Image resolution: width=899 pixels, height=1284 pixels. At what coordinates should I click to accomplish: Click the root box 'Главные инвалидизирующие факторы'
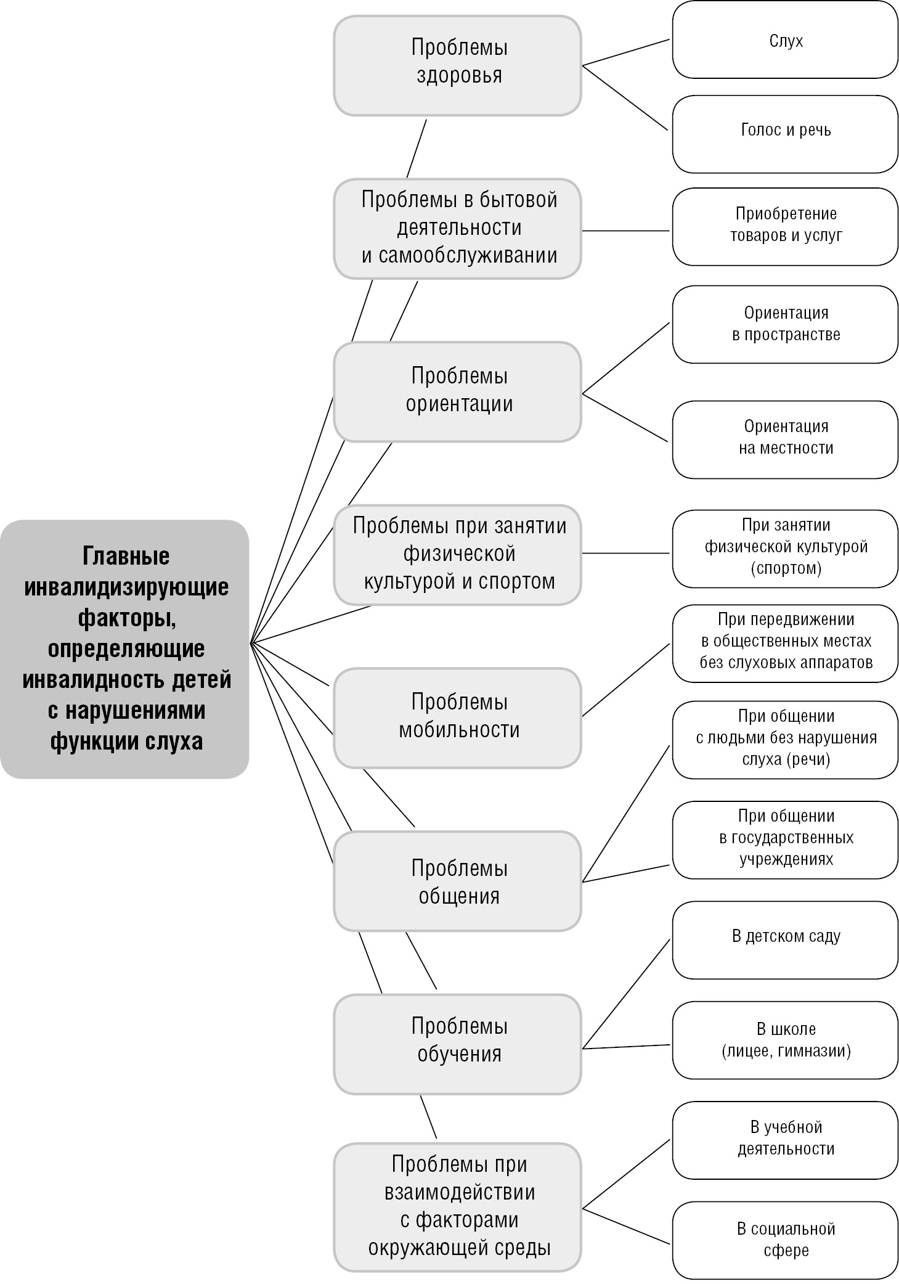(125, 648)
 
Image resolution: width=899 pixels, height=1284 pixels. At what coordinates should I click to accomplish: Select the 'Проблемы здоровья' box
(457, 65)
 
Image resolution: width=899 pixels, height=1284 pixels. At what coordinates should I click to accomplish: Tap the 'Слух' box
(785, 41)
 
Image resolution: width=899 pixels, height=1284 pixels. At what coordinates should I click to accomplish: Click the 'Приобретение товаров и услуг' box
(785, 226)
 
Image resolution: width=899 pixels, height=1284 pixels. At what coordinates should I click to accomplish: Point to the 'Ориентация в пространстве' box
(785, 324)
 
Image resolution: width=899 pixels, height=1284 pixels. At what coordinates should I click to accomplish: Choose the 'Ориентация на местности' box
(785, 438)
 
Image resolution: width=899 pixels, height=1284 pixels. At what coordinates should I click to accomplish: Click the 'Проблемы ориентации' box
(457, 391)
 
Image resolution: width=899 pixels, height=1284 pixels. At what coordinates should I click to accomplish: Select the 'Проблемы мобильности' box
(457, 717)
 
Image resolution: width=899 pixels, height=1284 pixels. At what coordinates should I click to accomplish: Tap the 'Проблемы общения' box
(457, 881)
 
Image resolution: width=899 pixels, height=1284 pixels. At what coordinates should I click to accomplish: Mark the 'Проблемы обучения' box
(457, 1043)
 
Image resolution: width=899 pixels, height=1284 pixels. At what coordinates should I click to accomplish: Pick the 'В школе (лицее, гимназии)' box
(785, 1041)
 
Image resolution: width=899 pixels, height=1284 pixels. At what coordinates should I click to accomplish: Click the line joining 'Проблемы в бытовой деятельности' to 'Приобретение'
(625, 231)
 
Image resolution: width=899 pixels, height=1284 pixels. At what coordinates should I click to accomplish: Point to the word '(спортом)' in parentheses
(786, 568)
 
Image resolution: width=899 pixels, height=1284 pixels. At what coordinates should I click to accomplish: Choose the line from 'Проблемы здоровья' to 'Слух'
(625, 52)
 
